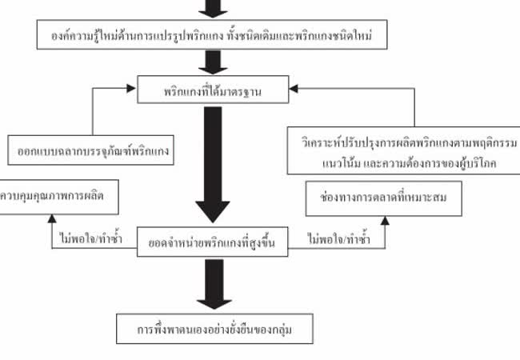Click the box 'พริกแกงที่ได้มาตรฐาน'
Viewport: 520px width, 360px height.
click(x=212, y=91)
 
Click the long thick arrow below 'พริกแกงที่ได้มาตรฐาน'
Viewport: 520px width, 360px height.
click(x=212, y=164)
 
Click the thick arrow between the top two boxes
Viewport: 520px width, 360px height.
click(x=212, y=62)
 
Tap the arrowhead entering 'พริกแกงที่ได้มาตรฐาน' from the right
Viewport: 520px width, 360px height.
click(x=293, y=90)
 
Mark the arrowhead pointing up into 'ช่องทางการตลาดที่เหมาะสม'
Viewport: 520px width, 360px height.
click(x=384, y=218)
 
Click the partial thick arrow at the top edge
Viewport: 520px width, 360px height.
click(x=212, y=7)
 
